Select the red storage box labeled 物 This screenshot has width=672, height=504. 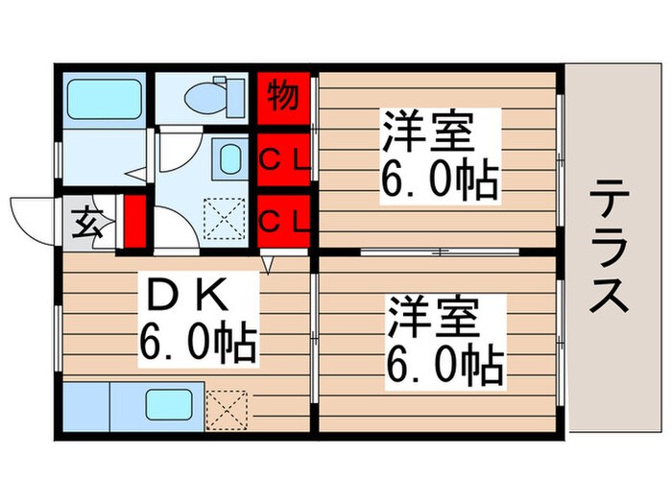click(283, 97)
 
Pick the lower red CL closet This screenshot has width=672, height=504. click(284, 221)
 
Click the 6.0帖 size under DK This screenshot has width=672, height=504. click(197, 341)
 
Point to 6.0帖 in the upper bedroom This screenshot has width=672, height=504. click(440, 180)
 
